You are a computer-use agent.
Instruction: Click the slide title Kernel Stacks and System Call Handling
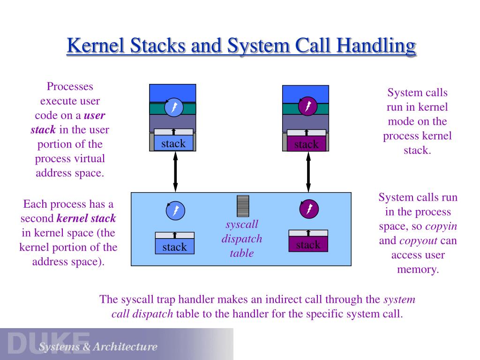pyautogui.click(x=241, y=46)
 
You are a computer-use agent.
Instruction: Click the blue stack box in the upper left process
pyautogui.click(x=173, y=144)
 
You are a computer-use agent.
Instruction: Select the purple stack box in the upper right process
pyautogui.click(x=306, y=144)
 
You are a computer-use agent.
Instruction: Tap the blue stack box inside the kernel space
pyautogui.click(x=174, y=247)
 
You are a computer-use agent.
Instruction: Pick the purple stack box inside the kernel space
pyautogui.click(x=308, y=244)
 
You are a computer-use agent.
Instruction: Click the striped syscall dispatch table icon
pyautogui.click(x=243, y=206)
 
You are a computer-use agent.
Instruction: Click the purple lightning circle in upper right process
pyautogui.click(x=308, y=106)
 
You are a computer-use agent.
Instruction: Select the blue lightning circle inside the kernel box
pyautogui.click(x=175, y=210)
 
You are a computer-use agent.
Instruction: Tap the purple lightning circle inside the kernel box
pyautogui.click(x=309, y=209)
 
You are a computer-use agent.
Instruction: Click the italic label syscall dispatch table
pyautogui.click(x=242, y=239)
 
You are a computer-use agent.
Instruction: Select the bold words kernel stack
pyautogui.click(x=86, y=218)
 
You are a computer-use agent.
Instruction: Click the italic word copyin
pyautogui.click(x=441, y=226)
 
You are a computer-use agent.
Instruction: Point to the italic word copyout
pyautogui.click(x=418, y=241)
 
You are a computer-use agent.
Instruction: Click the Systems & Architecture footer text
pyautogui.click(x=98, y=347)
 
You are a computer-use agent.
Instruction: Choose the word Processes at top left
pyautogui.click(x=70, y=86)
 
